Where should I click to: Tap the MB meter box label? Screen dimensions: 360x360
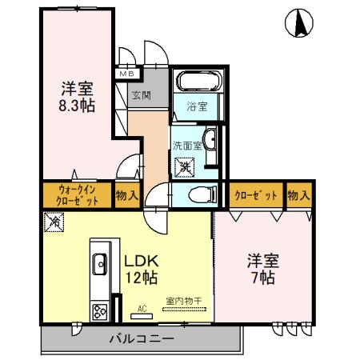pyautogui.click(x=128, y=74)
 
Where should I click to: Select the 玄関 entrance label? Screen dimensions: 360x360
pyautogui.click(x=142, y=94)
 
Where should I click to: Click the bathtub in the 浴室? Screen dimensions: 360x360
pyautogui.click(x=194, y=82)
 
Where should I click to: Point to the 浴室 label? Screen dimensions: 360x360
pyautogui.click(x=197, y=105)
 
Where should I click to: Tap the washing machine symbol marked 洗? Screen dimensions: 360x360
pyautogui.click(x=186, y=168)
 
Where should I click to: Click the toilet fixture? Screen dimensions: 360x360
pyautogui.click(x=202, y=194)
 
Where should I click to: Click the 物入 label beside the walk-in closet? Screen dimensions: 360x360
pyautogui.click(x=127, y=195)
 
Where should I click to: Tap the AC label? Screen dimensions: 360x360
pyautogui.click(x=142, y=308)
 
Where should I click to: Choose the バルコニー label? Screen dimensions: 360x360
pyautogui.click(x=142, y=339)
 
